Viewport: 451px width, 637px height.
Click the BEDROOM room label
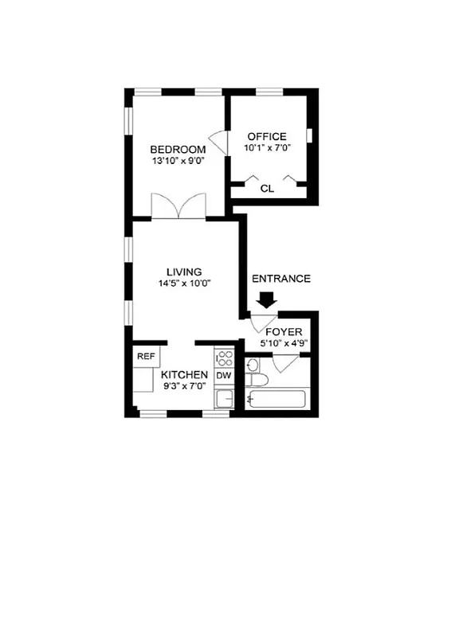pos(178,149)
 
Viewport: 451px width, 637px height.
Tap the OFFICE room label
pos(266,137)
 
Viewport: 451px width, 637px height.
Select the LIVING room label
pos(184,272)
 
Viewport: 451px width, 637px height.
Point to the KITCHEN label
pos(184,374)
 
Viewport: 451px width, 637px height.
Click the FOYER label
pos(283,332)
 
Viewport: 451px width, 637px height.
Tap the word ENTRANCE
pos(280,279)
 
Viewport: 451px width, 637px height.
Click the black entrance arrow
pos(266,301)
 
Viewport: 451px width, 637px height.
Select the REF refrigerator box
pos(146,357)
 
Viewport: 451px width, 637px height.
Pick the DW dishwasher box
pos(224,375)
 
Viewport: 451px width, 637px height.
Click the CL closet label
pos(267,189)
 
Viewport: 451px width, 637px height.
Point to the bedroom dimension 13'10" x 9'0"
pos(178,160)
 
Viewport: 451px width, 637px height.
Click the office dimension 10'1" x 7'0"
pos(266,148)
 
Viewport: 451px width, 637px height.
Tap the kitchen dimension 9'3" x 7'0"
pos(184,386)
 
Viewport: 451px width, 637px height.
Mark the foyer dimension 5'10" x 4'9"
pos(286,344)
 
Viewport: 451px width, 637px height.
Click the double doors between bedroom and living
pos(178,207)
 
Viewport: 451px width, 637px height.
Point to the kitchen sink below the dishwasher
pos(224,398)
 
